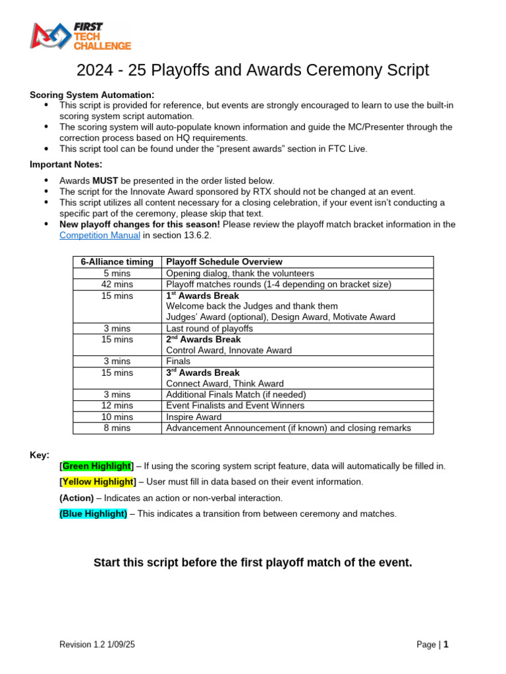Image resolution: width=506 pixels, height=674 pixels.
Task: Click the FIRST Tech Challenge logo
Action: [81, 36]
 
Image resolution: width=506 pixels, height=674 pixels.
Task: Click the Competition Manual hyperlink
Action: [99, 235]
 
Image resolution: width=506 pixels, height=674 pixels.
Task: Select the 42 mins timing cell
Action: [117, 284]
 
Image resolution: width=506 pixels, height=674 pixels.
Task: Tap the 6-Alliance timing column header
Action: [117, 262]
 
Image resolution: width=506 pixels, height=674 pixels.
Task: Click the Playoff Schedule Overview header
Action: [224, 262]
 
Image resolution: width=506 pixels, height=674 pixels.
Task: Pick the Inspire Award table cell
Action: [194, 417]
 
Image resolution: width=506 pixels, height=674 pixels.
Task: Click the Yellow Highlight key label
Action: [97, 482]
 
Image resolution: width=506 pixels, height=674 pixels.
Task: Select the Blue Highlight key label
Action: [93, 513]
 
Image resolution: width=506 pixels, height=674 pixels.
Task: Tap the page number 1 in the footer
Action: [446, 644]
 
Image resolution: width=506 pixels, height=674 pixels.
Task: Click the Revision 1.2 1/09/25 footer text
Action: [98, 645]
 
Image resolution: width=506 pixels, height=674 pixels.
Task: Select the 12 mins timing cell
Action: [117, 405]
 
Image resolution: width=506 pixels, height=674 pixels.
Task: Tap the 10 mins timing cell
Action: [117, 417]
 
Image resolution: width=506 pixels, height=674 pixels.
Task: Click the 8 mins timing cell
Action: [117, 428]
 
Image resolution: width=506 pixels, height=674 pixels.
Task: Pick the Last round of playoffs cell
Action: [210, 328]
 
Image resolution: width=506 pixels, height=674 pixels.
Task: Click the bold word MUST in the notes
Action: [104, 180]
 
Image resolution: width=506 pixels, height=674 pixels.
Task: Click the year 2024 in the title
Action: [96, 70]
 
